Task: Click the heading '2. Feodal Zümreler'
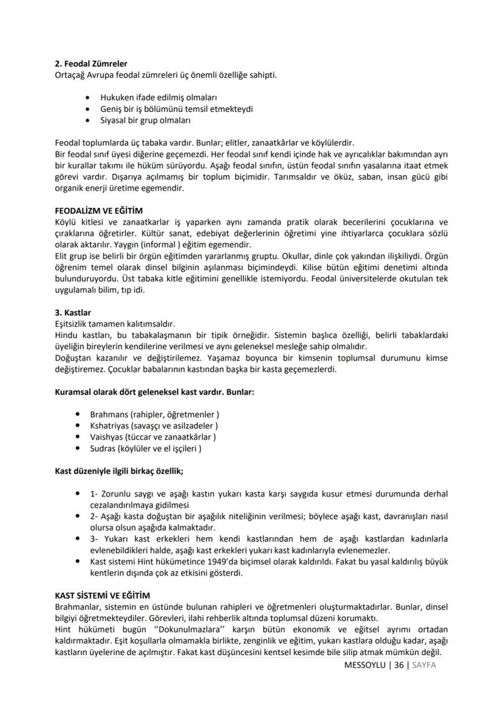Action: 91,63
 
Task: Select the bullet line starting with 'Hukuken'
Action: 159,97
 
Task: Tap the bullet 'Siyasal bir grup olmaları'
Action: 146,120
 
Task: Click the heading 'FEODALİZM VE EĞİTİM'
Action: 98,210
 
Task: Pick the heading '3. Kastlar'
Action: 73,312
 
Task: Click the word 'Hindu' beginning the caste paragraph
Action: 67,335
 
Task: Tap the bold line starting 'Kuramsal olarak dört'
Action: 154,392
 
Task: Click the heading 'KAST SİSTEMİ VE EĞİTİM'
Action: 102,596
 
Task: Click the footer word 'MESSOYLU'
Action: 364,665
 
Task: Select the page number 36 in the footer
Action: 399,665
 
